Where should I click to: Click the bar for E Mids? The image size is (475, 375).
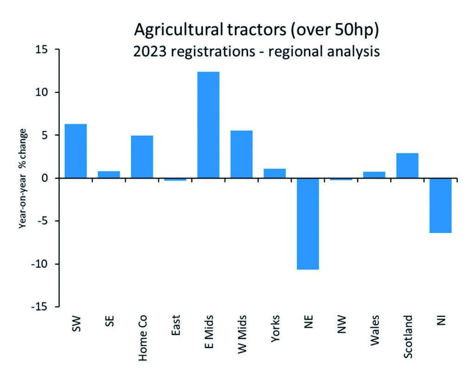point(208,125)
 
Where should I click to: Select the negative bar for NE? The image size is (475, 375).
point(308,223)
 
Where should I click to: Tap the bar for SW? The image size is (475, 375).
point(76,151)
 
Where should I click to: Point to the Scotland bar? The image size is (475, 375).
point(407,165)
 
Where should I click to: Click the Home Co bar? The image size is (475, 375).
point(142,157)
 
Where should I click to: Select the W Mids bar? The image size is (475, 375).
point(241,154)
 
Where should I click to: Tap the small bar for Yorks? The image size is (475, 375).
point(275,173)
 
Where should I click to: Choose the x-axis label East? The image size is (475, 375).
point(175,325)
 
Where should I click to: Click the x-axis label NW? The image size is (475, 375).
point(341,323)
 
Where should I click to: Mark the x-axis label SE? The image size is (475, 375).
point(109,321)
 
